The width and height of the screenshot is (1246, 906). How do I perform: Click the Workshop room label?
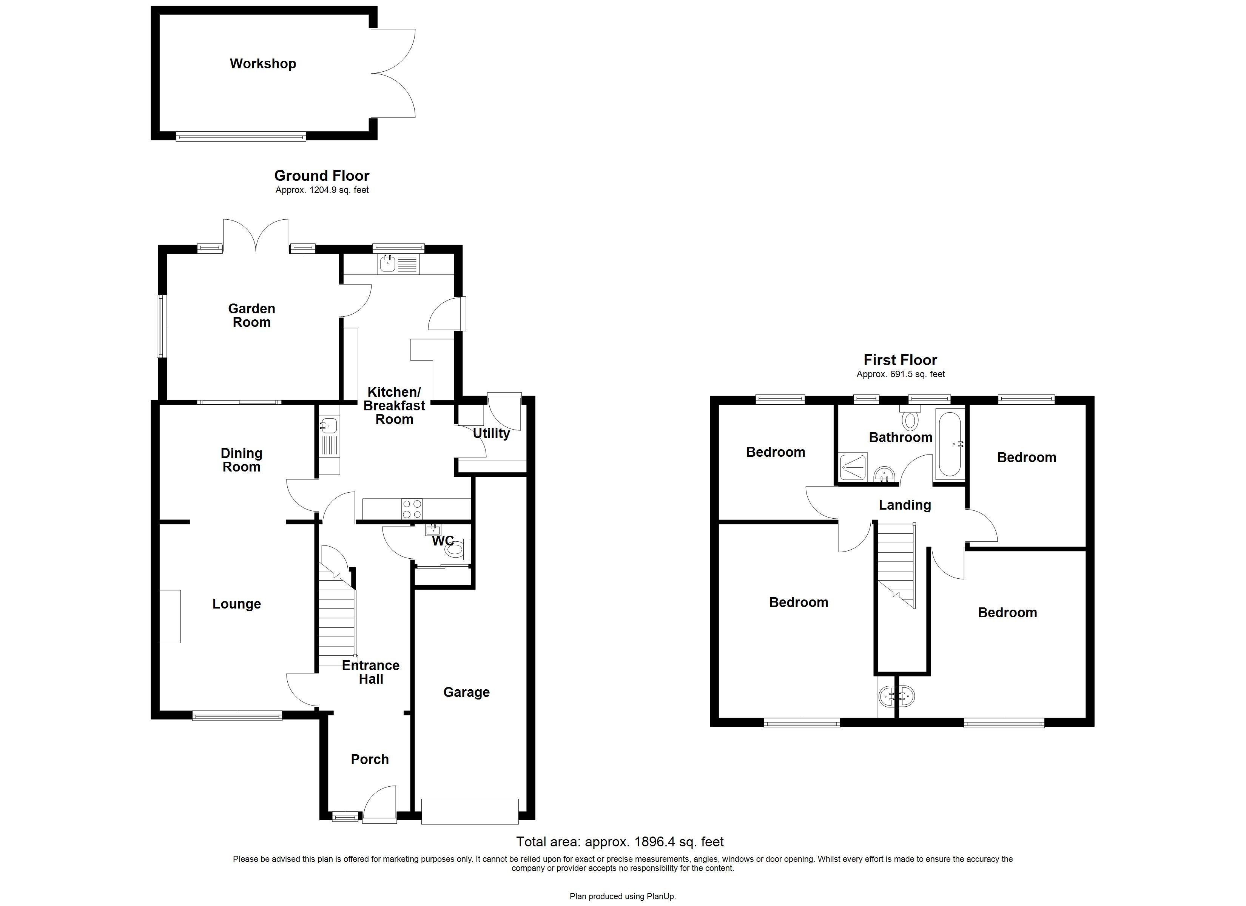(263, 64)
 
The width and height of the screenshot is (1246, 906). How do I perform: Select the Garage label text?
(466, 692)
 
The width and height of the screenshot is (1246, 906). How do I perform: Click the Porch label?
(370, 759)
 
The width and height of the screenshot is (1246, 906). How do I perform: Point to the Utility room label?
(491, 433)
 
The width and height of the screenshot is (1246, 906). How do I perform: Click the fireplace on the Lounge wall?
(170, 616)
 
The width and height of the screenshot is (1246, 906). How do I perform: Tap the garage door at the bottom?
(470, 811)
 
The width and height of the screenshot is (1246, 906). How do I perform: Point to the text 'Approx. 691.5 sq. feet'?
(901, 374)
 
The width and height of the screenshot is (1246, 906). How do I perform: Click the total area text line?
(620, 842)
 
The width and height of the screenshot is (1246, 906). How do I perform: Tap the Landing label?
(904, 505)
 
